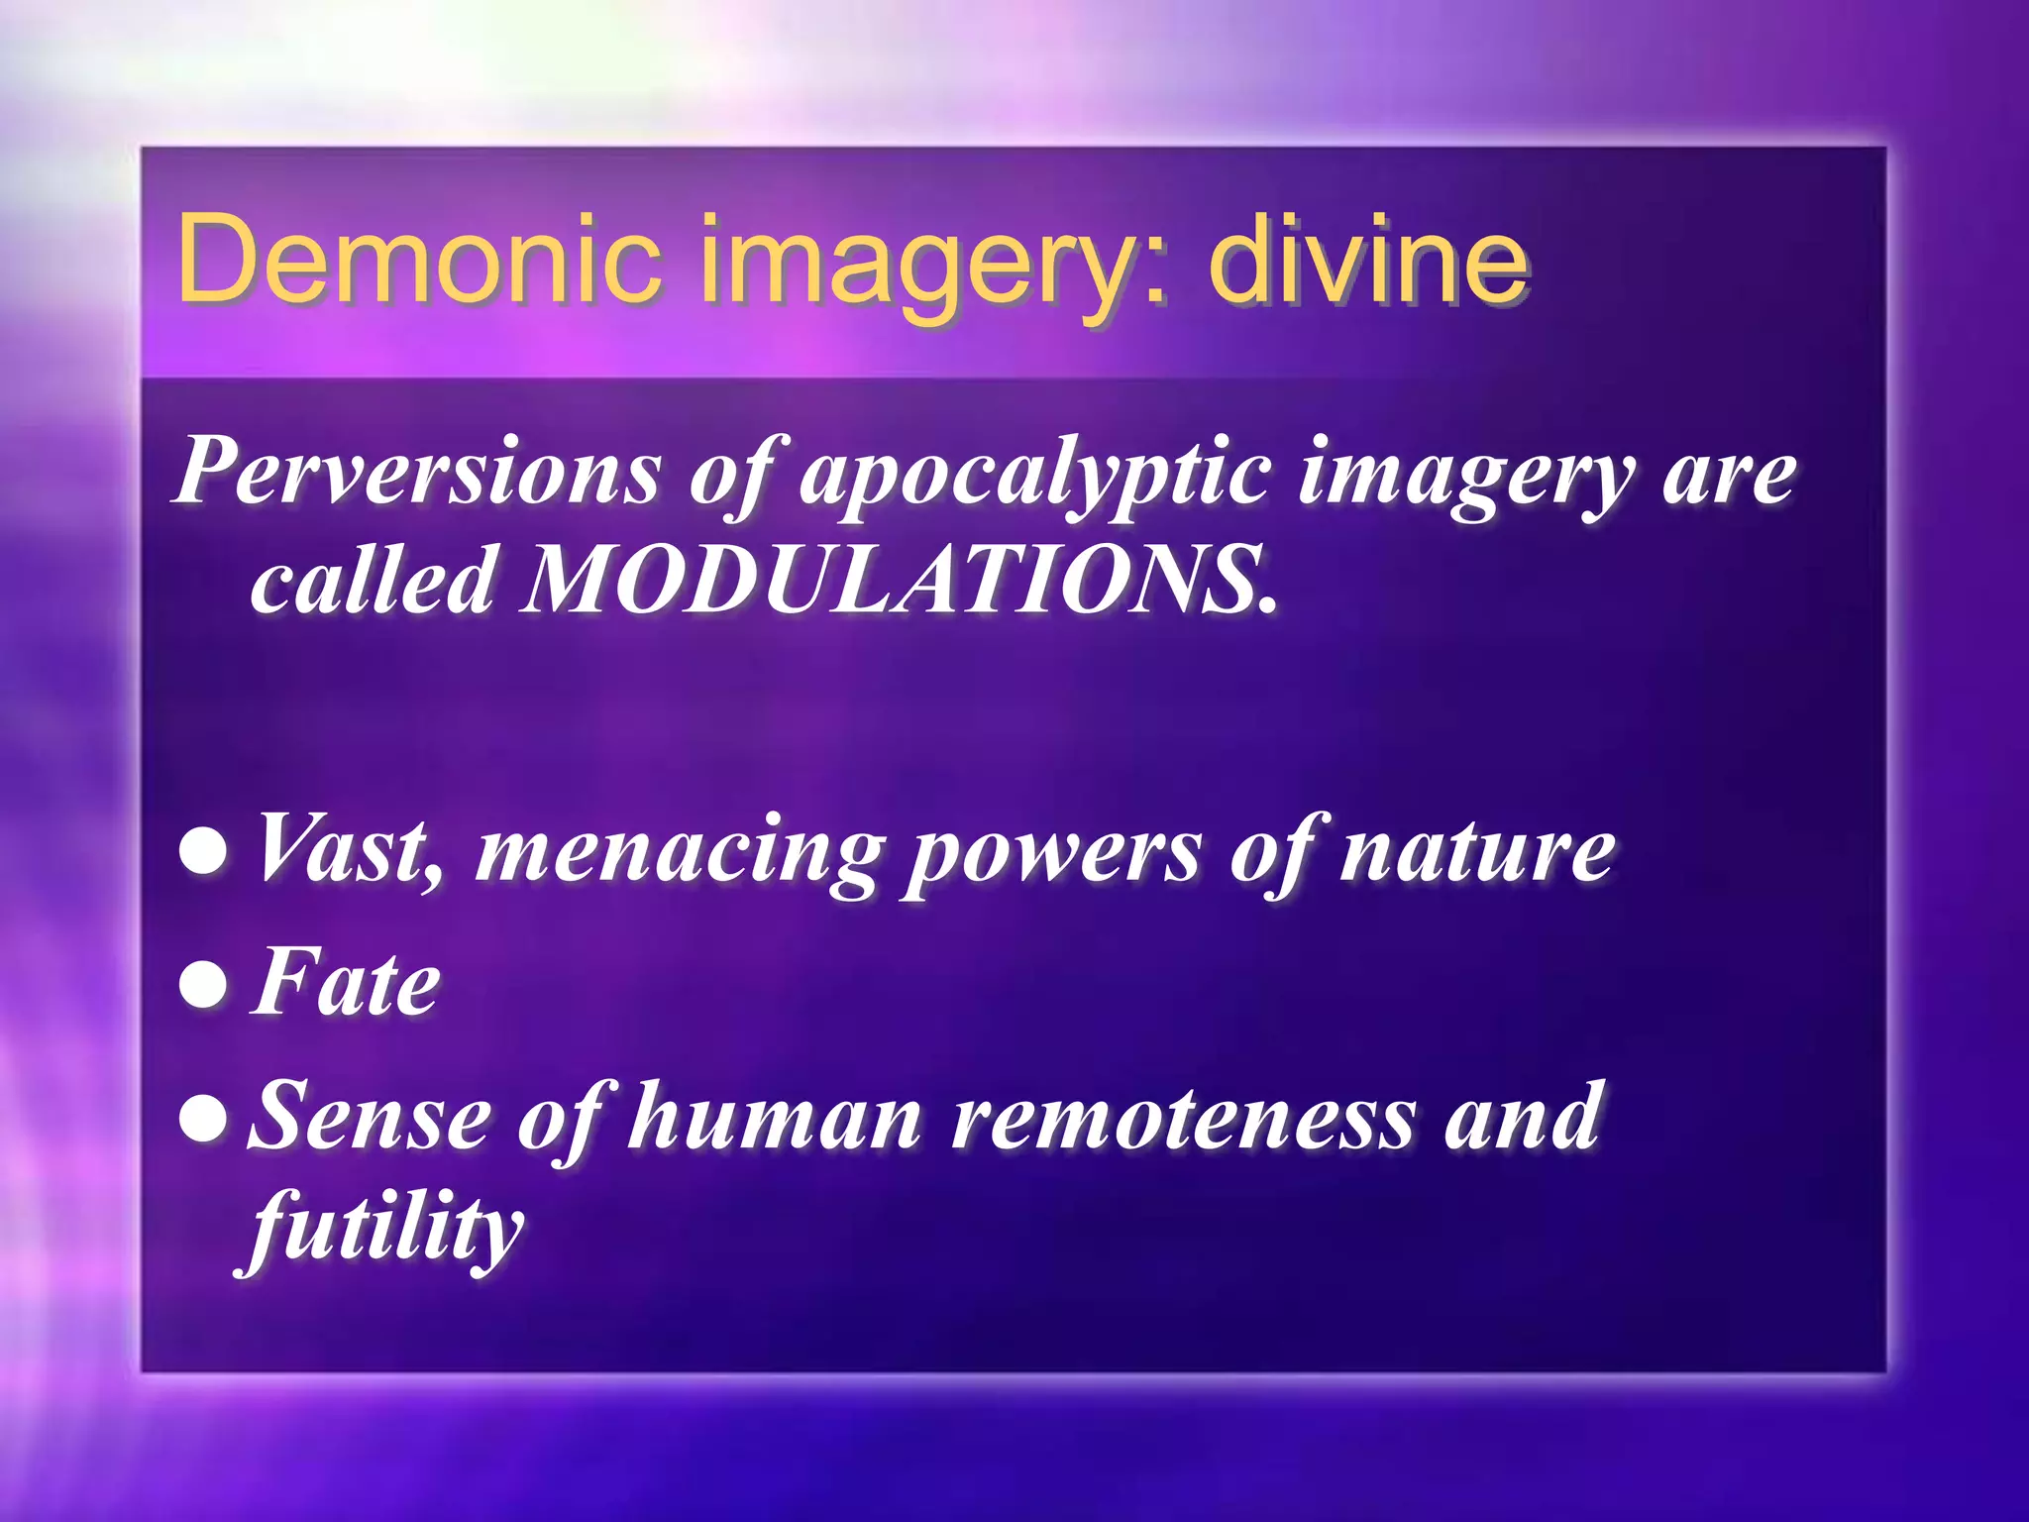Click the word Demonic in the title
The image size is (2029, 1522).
coord(417,260)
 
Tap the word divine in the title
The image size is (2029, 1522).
coord(1368,260)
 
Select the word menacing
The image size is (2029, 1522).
coord(679,852)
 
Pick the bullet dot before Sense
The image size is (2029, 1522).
coord(204,1119)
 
